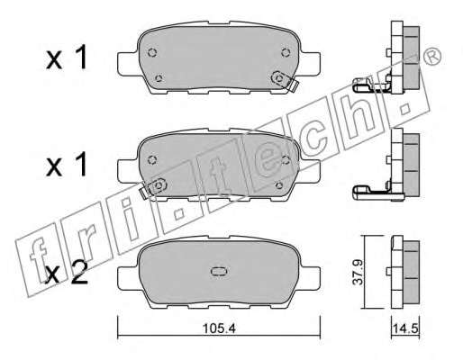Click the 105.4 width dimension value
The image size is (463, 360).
point(219,328)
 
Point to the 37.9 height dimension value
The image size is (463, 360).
point(359,273)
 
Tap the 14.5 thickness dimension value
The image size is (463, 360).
point(405,328)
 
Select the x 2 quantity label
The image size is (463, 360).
point(67,272)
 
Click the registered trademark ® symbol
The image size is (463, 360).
point(431,57)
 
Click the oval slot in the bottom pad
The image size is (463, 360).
point(219,272)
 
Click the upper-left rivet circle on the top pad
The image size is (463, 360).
point(152,52)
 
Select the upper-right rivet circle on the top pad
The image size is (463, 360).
point(286,52)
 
